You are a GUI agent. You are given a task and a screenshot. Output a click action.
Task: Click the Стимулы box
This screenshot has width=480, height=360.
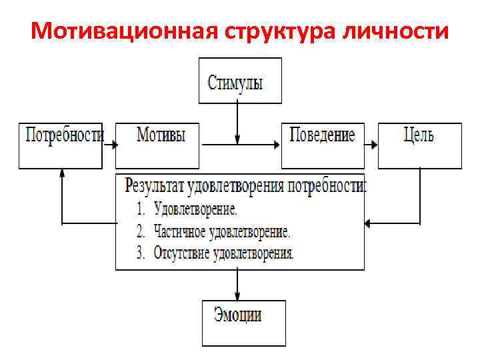click(240, 81)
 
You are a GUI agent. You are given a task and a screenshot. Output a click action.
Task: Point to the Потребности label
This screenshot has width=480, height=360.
click(64, 135)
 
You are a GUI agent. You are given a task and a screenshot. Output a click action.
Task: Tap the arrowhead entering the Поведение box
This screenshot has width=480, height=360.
click(277, 144)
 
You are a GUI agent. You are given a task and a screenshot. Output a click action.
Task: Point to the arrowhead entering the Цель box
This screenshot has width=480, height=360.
click(375, 144)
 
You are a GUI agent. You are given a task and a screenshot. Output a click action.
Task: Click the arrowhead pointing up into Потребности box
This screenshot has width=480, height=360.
click(61, 172)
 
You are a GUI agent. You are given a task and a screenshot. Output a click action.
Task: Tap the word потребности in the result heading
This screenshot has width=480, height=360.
click(327, 185)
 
